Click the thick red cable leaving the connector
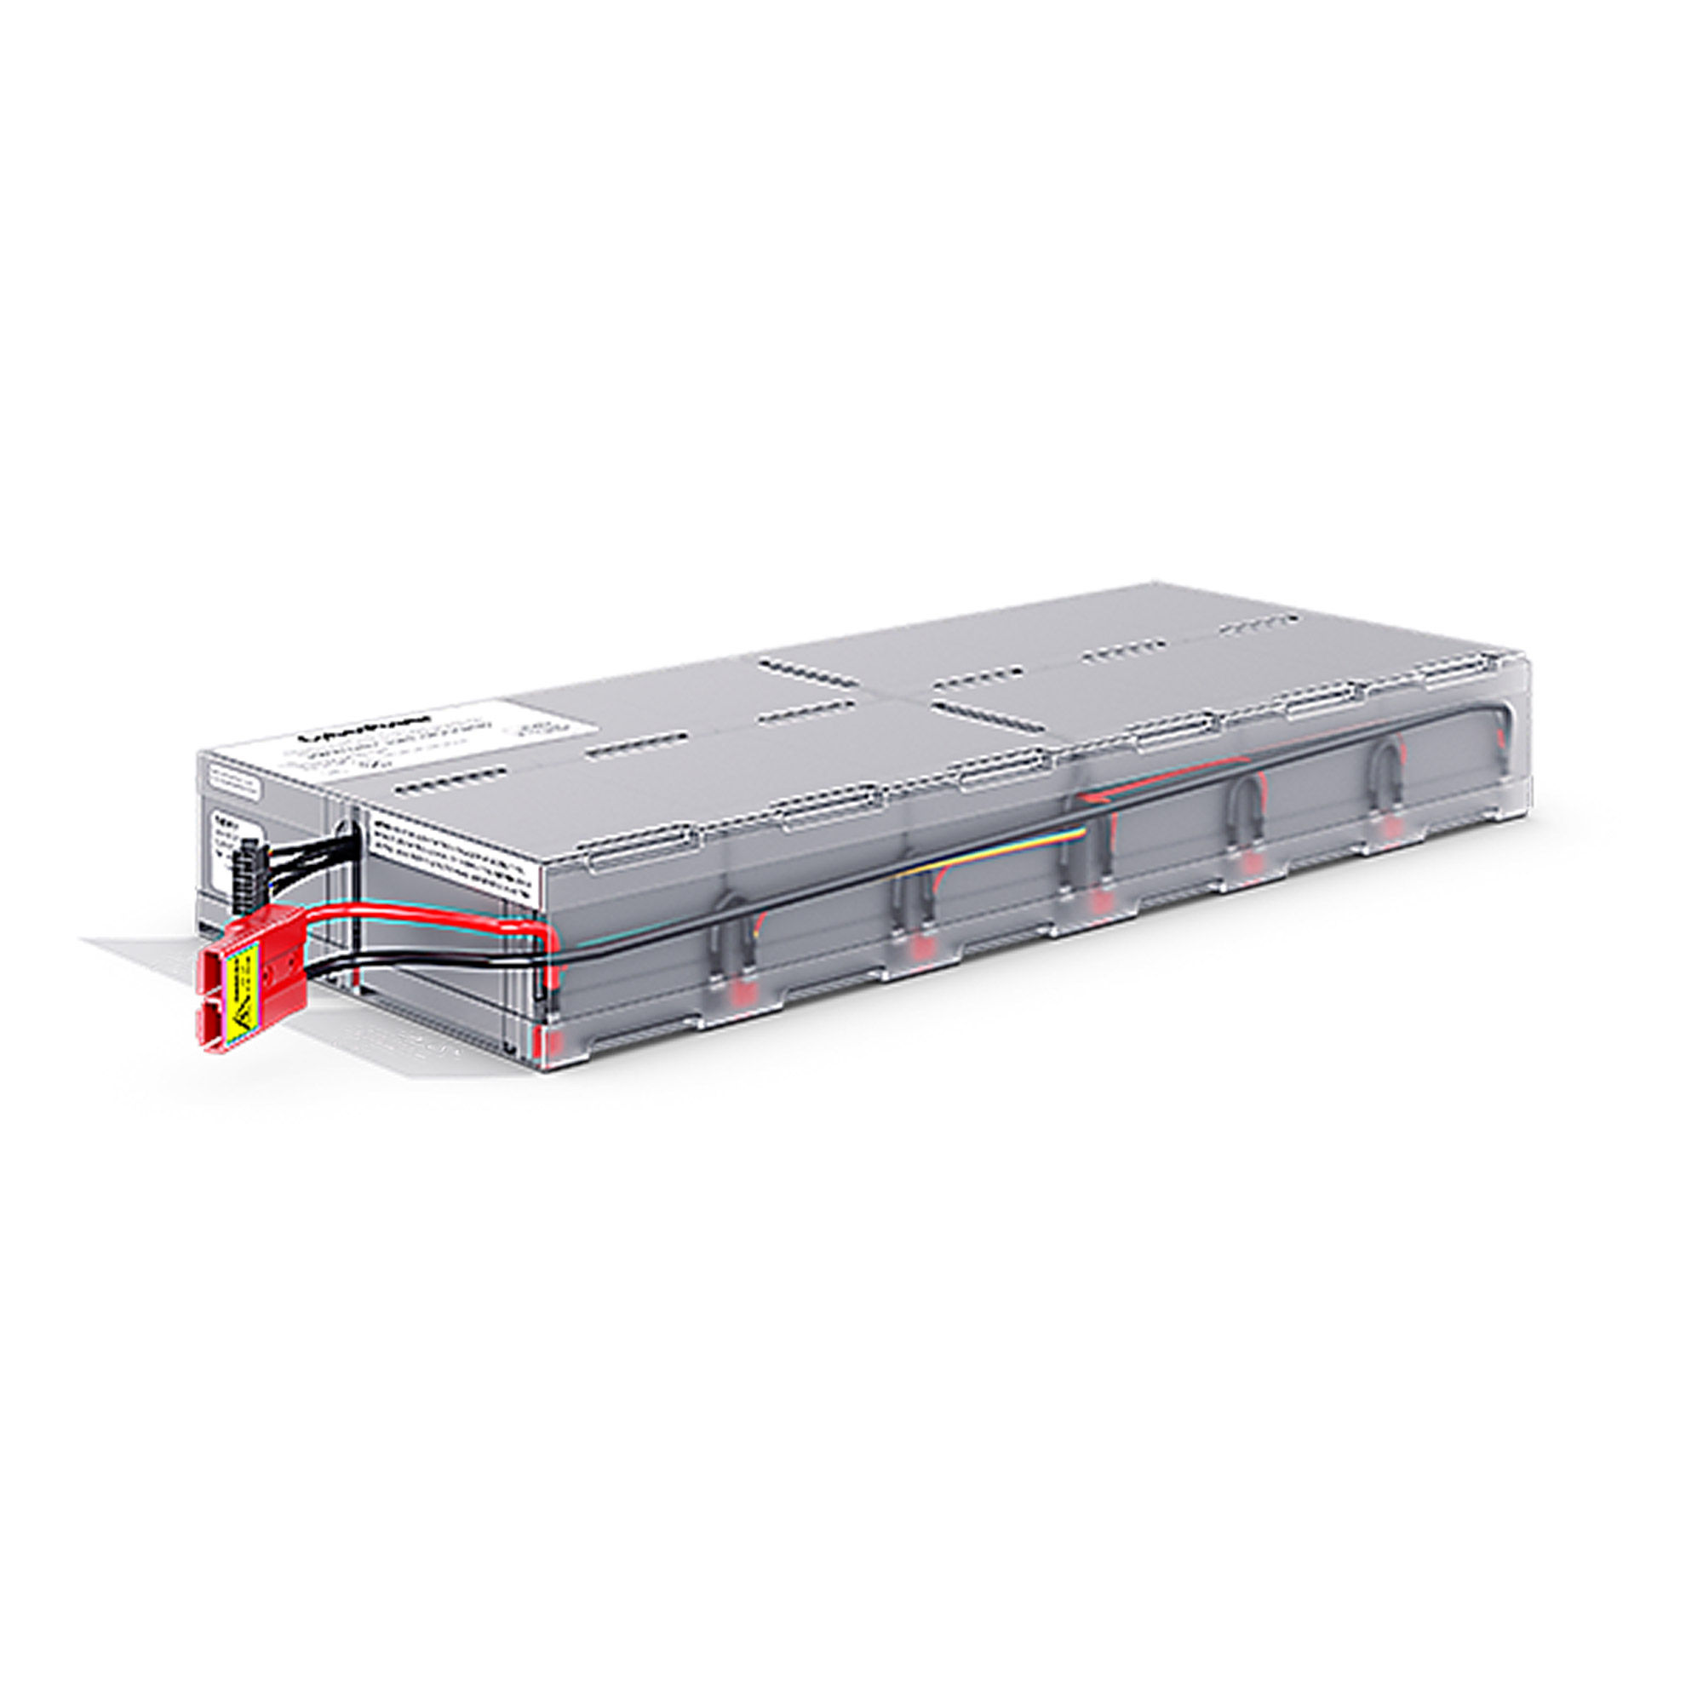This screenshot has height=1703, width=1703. pyautogui.click(x=423, y=920)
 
